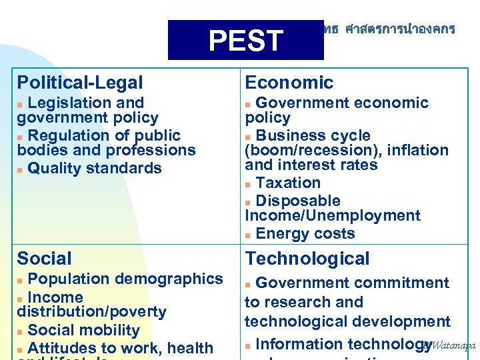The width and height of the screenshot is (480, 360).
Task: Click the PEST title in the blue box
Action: (x=245, y=41)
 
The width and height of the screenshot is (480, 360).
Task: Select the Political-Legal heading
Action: (x=80, y=83)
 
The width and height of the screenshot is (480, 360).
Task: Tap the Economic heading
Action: (x=289, y=83)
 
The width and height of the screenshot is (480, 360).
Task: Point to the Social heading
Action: (x=44, y=258)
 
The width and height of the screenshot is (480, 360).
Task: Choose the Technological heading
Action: (x=307, y=258)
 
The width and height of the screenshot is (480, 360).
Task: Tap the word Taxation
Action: (x=288, y=183)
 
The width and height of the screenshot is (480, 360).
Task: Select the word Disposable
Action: (x=297, y=201)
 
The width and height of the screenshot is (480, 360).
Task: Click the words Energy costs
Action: (x=305, y=233)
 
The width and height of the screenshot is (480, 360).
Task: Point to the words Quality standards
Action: (x=95, y=168)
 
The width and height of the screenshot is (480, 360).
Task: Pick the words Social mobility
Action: (x=84, y=330)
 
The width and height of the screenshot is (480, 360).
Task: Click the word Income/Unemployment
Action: (x=333, y=215)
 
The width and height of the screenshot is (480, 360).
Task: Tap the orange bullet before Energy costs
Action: (x=248, y=235)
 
